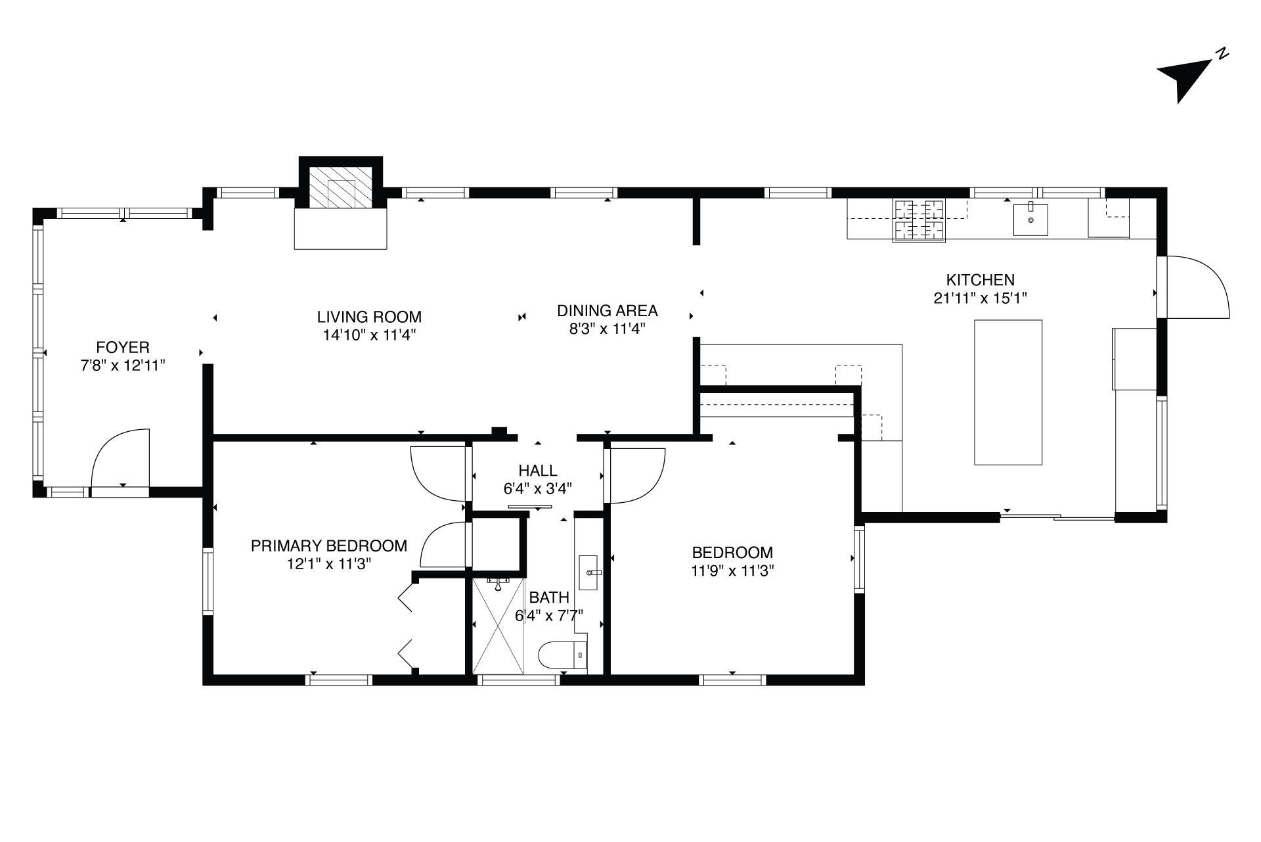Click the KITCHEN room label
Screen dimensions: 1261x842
980,280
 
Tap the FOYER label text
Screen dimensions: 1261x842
123,347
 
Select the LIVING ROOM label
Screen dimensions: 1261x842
369,317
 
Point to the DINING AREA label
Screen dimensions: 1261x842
608,311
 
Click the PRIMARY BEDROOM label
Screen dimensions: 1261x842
329,546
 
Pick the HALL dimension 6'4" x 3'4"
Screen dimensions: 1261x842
538,488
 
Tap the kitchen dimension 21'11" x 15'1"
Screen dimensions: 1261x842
980,298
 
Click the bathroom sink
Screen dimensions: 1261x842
590,573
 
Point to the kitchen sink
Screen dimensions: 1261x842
1030,219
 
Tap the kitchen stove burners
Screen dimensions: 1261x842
919,220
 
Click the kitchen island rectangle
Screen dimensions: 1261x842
1008,392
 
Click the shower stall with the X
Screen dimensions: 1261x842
499,626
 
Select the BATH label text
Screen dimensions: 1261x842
549,597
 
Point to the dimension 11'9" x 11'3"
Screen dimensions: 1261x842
732,571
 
